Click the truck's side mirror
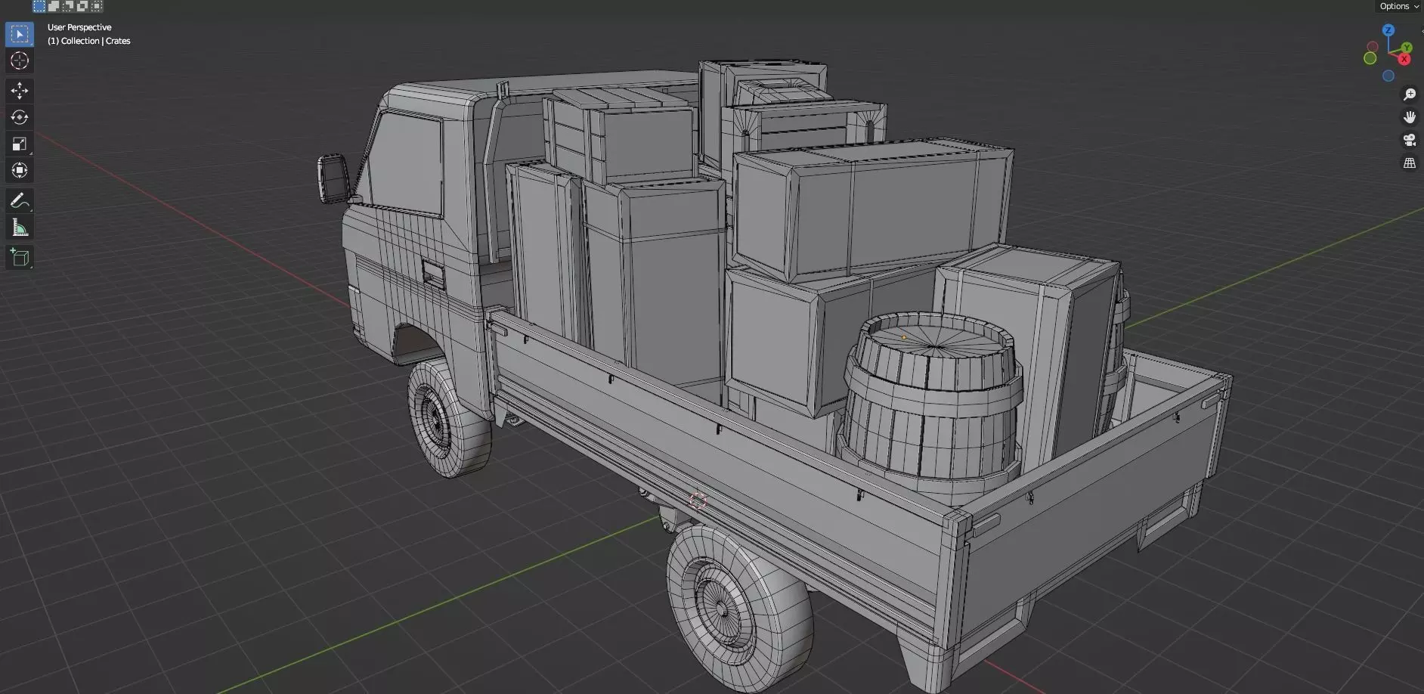coord(333,178)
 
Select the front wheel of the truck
coord(447,418)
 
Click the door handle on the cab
coord(433,274)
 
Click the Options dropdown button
coord(1398,6)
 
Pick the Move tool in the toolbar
coord(20,91)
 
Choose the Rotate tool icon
coord(20,117)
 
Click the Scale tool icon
coord(20,144)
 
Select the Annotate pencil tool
coord(20,200)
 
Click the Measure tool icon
coord(20,228)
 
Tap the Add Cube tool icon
coord(20,258)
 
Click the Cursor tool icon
coord(20,60)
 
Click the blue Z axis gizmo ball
coord(1388,30)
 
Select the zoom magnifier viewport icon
coord(1410,94)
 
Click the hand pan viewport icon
coord(1410,117)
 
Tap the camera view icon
coord(1410,140)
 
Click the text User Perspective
coord(79,27)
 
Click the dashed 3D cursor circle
coord(698,500)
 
